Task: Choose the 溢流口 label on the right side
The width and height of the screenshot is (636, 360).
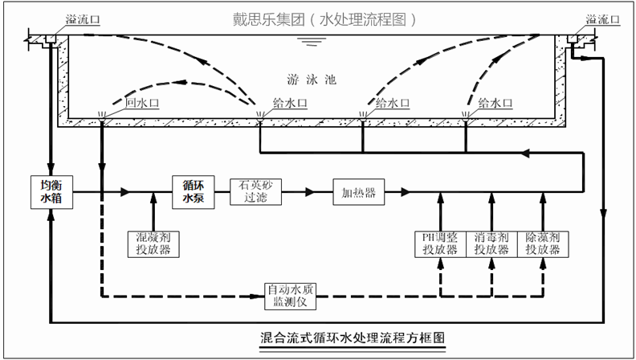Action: [x=604, y=19]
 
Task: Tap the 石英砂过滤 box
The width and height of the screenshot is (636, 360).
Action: [x=253, y=191]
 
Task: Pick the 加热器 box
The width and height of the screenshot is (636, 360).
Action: [x=359, y=192]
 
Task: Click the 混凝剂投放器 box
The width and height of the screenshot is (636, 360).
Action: [x=153, y=243]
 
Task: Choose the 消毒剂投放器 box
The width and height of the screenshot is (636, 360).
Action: [x=491, y=243]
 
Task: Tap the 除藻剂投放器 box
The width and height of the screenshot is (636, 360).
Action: [x=543, y=243]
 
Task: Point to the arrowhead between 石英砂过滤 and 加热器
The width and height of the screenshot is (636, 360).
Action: [x=309, y=192]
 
